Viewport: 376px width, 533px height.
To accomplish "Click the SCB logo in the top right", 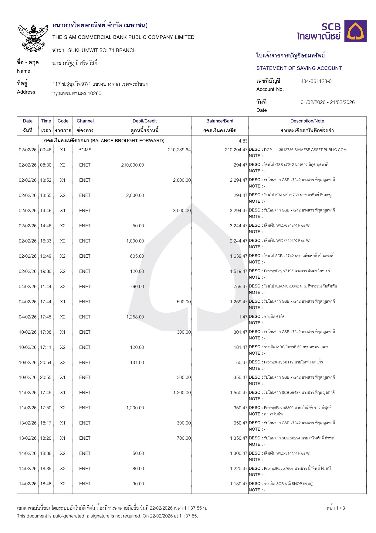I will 332,31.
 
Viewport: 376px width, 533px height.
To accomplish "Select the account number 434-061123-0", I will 316,81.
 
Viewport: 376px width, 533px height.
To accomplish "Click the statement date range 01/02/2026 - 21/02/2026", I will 327,102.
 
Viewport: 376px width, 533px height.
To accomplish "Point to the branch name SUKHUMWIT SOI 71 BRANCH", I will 102,50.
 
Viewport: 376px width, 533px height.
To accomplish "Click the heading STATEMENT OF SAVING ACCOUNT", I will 299,68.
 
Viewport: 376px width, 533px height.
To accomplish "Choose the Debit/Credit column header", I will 144,121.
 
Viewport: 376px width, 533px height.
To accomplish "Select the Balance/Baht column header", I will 220,121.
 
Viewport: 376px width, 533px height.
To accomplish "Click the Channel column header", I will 85,121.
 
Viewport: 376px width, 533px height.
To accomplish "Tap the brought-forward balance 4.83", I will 243,141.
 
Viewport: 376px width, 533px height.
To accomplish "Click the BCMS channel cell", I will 85,150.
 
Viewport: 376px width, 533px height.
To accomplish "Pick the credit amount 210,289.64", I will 179,150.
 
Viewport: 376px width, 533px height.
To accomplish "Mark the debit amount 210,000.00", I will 133,165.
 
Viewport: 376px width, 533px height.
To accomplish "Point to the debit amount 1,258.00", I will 135,317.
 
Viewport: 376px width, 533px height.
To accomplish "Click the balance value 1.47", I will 243,317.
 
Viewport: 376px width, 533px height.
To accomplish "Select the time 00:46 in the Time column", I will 46,150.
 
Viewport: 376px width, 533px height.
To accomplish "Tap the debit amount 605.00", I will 137,256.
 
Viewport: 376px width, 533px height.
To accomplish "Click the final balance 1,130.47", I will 239,484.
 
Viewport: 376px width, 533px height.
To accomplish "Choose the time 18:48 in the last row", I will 46,484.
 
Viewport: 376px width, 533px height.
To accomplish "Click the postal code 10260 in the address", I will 94,94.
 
